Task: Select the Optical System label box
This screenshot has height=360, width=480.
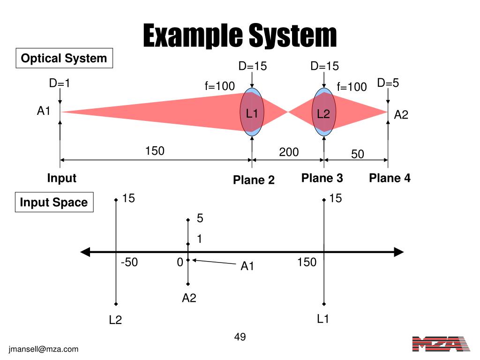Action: tap(64, 59)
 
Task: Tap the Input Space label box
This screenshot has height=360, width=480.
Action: tap(54, 202)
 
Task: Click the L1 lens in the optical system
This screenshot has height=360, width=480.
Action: tap(252, 112)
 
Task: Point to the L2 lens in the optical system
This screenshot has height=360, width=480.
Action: tap(323, 112)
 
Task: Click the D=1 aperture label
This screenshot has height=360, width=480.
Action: tap(60, 83)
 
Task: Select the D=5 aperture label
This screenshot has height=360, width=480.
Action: tap(388, 83)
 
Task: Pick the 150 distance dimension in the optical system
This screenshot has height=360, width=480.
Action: tap(155, 151)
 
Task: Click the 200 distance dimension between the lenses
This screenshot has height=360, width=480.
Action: tap(289, 152)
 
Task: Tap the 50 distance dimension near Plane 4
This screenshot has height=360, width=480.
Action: tap(358, 154)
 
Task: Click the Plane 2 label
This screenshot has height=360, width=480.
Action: tap(254, 180)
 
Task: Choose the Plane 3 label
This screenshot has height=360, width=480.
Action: tap(322, 178)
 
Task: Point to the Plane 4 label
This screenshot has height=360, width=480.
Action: tap(390, 178)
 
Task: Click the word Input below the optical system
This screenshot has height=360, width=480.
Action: tap(61, 178)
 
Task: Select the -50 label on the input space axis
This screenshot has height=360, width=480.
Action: tap(129, 262)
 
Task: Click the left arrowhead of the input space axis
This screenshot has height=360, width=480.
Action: tap(85, 252)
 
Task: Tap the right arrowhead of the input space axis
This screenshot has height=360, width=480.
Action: tap(399, 252)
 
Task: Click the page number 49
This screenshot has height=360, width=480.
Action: tap(240, 337)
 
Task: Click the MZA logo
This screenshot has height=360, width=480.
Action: tap(441, 344)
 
